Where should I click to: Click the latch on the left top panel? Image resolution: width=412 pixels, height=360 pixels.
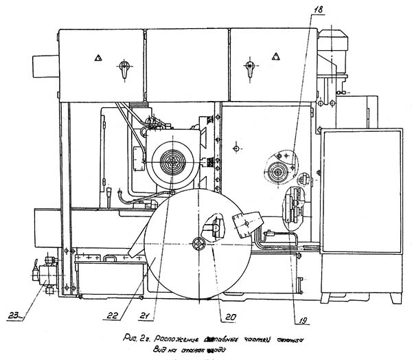(x=123, y=68)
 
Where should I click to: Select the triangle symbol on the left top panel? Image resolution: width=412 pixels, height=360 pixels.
(x=100, y=58)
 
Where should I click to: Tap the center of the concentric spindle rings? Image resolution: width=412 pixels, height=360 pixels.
(x=171, y=163)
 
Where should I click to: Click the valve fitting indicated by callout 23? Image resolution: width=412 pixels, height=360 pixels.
(x=46, y=278)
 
